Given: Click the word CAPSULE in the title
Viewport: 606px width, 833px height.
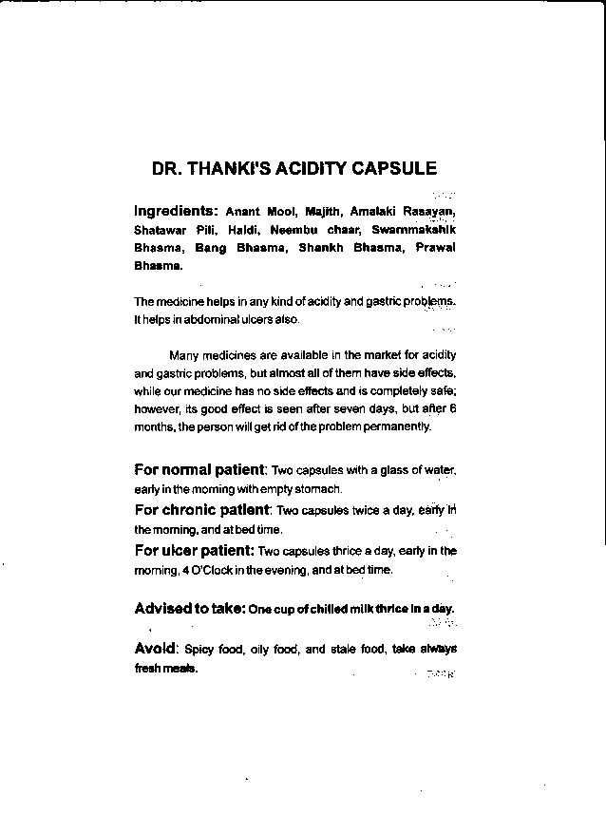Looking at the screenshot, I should (x=394, y=169).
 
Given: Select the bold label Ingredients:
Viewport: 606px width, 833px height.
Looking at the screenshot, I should (x=176, y=210).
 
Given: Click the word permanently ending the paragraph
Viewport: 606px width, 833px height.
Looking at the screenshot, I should (x=398, y=426).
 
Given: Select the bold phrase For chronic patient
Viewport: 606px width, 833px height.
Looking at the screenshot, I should (x=201, y=509).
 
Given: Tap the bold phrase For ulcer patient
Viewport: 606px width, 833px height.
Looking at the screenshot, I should (x=193, y=550).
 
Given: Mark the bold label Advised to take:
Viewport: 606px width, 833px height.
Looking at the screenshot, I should (x=188, y=608).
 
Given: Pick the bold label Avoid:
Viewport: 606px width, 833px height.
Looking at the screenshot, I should (x=156, y=649).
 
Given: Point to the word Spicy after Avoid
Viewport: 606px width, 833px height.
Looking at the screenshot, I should (x=199, y=650).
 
